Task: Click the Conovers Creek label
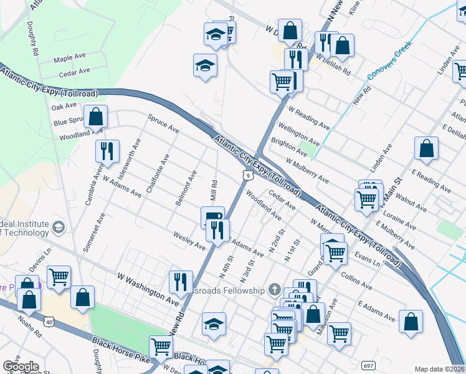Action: [x=391, y=65]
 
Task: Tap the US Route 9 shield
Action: [x=248, y=176]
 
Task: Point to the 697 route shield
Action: [x=369, y=363]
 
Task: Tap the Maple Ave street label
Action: [x=69, y=57]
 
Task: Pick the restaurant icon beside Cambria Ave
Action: [x=107, y=151]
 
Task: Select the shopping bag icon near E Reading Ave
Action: [x=426, y=148]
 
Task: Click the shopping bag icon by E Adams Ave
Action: [x=411, y=322]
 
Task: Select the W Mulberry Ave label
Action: [x=307, y=171]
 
